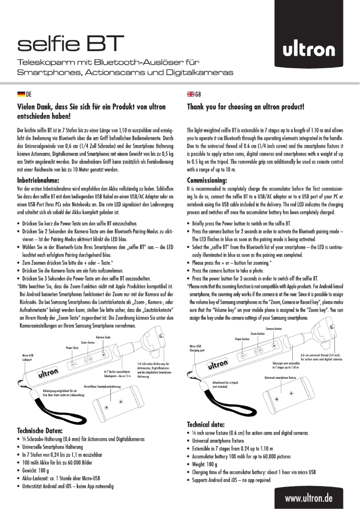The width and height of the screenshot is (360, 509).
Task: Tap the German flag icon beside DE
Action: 21,94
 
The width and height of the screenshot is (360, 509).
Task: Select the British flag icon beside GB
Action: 190,94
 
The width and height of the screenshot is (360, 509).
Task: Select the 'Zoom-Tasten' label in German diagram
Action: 88,342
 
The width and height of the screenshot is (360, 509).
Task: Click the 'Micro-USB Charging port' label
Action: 198,348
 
